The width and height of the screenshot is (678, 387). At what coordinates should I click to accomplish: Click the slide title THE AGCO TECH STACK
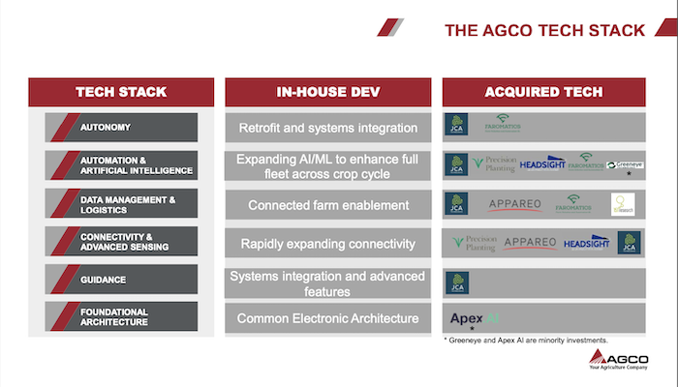[544, 31]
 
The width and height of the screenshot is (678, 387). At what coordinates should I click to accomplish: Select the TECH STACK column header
[121, 92]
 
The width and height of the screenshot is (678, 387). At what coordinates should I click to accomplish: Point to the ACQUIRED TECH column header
[543, 92]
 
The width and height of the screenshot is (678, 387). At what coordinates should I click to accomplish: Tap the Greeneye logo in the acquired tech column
[626, 165]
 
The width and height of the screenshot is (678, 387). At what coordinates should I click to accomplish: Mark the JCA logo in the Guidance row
[457, 282]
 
